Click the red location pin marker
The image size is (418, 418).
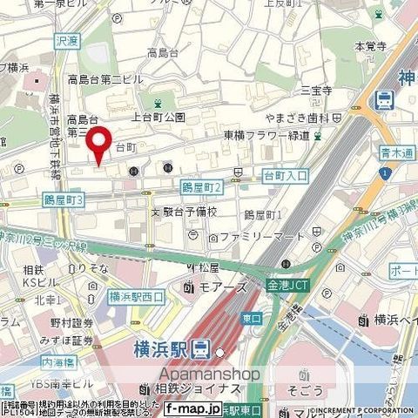[x=102, y=143]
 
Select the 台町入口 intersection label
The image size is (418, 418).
[x=286, y=176]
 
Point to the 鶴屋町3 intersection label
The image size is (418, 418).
[x=64, y=200]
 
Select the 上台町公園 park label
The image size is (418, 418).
[x=158, y=117]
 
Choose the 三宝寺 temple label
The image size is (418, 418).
[x=317, y=90]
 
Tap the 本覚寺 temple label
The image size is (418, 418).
[x=370, y=45]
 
